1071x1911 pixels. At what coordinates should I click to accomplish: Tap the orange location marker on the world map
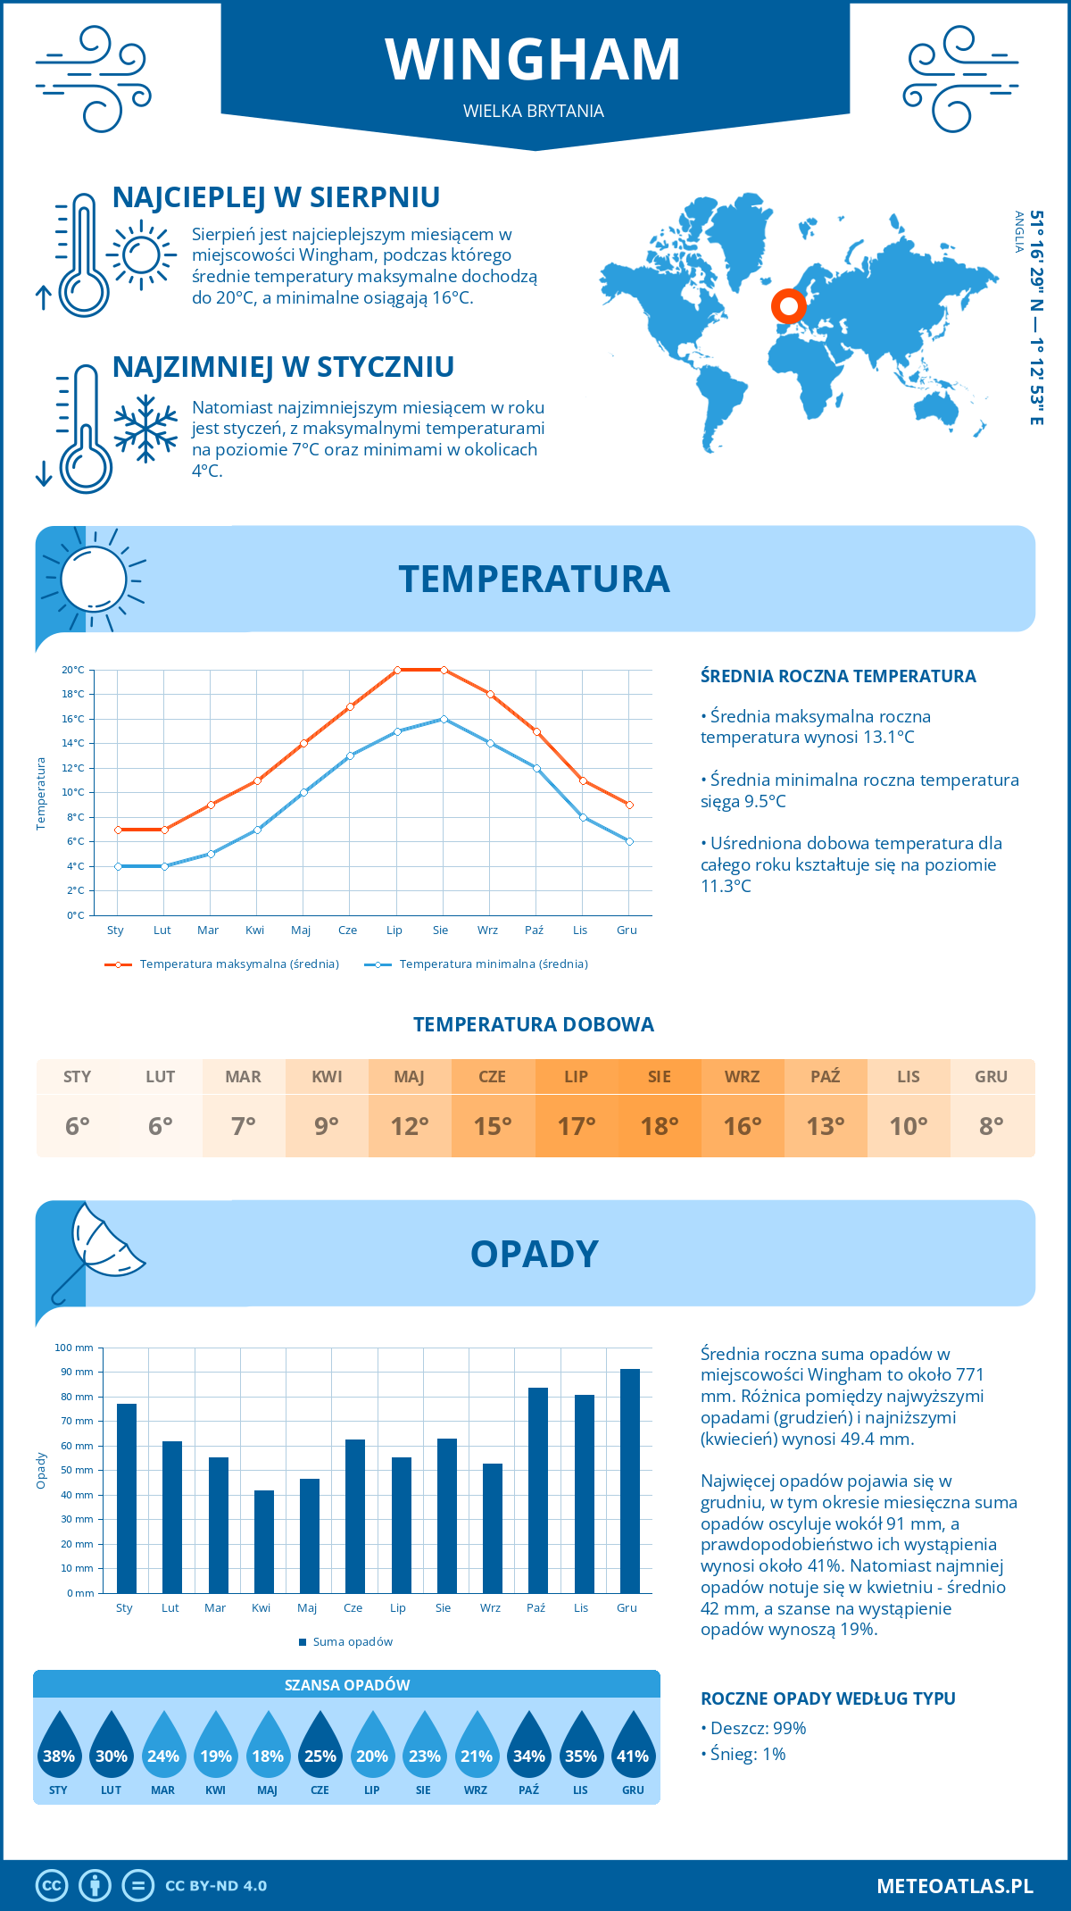(x=788, y=306)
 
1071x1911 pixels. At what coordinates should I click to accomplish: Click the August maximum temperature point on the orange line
(x=444, y=670)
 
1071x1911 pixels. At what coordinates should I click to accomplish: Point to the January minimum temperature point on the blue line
(x=118, y=866)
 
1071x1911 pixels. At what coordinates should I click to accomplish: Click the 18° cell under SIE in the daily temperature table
(x=660, y=1126)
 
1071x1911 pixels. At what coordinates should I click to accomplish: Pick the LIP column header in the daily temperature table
(x=577, y=1076)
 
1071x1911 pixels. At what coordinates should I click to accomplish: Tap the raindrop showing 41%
(x=633, y=1750)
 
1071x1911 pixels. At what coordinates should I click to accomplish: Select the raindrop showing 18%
(x=268, y=1750)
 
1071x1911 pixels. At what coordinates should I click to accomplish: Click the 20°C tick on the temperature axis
(x=73, y=670)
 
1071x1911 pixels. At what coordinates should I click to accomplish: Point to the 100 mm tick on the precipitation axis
(x=74, y=1348)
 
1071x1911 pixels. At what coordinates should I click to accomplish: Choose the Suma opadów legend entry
(x=352, y=1641)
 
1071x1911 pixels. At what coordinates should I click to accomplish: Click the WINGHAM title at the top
(x=534, y=60)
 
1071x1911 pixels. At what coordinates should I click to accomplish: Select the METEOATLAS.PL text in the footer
(x=954, y=1885)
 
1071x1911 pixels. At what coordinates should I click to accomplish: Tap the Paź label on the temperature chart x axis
(x=534, y=930)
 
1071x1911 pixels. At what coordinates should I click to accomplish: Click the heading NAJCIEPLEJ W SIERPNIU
(x=276, y=197)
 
